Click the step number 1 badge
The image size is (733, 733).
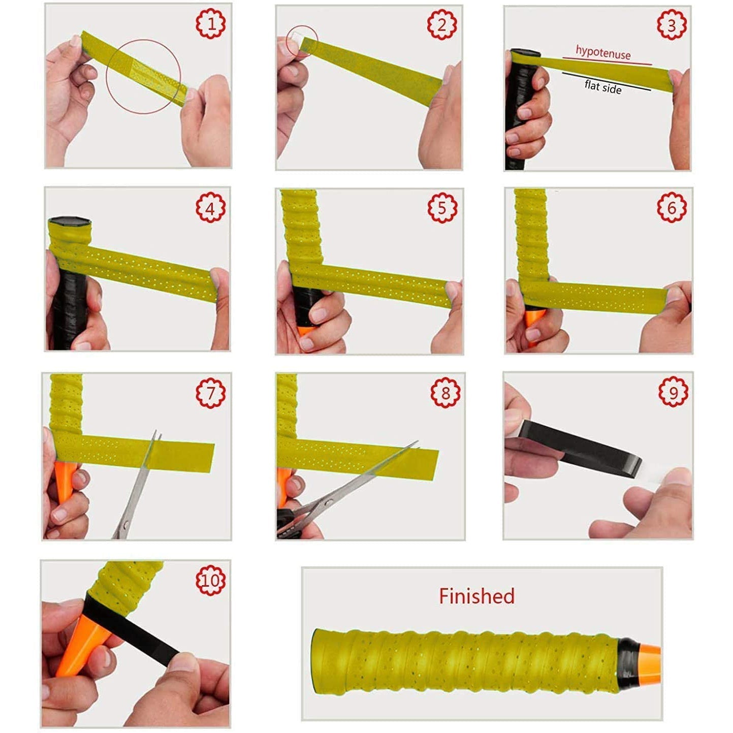click(x=211, y=23)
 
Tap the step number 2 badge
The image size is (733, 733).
click(x=441, y=25)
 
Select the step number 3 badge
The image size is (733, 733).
click(x=672, y=25)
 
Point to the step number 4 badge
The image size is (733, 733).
click(x=210, y=207)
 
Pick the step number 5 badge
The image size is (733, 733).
click(x=442, y=208)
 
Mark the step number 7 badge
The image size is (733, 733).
click(x=210, y=393)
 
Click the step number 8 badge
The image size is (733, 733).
click(x=445, y=393)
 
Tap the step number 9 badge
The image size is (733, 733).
click(x=673, y=392)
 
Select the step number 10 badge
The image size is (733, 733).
click(x=210, y=580)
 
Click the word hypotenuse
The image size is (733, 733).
click(x=603, y=52)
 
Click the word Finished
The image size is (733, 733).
click(x=476, y=596)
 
